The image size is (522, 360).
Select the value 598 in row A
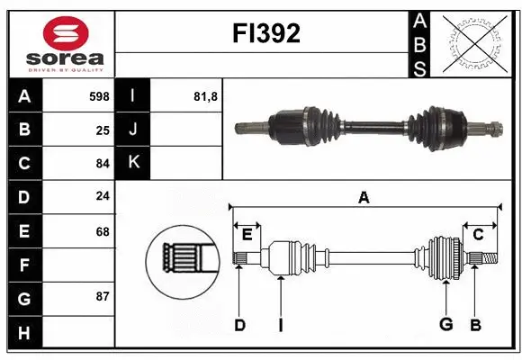coord(98,94)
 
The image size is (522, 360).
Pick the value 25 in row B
coord(102,129)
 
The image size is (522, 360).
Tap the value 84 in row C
coord(102,163)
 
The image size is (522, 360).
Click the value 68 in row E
coord(102,231)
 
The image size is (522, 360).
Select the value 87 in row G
coord(102,296)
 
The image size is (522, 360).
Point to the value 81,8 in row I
coord(207,94)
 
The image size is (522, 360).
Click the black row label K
coord(133,163)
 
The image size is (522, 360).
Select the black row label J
coord(133,129)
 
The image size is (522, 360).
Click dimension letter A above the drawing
coord(364,198)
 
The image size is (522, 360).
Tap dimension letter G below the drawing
coord(445,325)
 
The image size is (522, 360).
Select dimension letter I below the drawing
coord(280,325)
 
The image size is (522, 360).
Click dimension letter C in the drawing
coord(479,235)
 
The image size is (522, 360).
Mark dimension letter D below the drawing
coord(239,325)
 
